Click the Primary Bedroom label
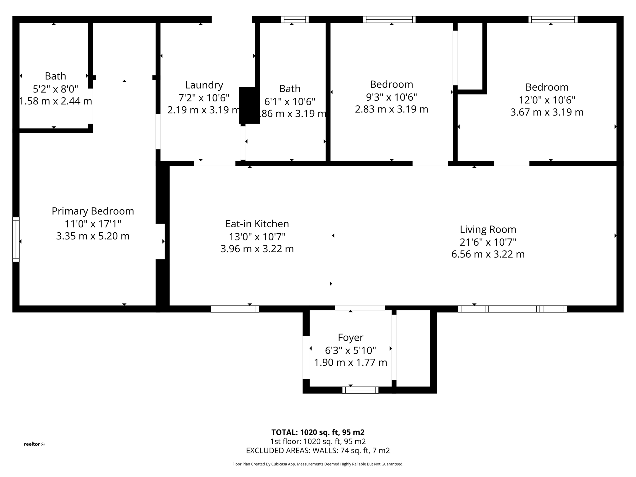click(93, 211)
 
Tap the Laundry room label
click(204, 85)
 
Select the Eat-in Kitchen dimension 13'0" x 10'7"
click(257, 237)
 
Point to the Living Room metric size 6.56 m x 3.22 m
click(488, 254)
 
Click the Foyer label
click(350, 337)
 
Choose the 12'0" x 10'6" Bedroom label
click(547, 87)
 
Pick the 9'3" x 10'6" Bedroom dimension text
click(391, 97)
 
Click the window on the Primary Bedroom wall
click(16, 239)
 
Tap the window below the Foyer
click(360, 390)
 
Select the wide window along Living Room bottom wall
click(512, 309)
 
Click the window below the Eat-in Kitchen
click(235, 309)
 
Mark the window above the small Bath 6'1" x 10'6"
click(295, 20)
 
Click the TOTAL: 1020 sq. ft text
click(318, 432)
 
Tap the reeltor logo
click(34, 444)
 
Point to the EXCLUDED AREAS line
click(318, 450)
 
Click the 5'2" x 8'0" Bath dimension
click(55, 89)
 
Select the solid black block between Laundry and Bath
click(249, 106)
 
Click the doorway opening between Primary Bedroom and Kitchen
click(160, 241)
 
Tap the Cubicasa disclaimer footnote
click(318, 464)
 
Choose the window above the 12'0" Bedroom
click(553, 20)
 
